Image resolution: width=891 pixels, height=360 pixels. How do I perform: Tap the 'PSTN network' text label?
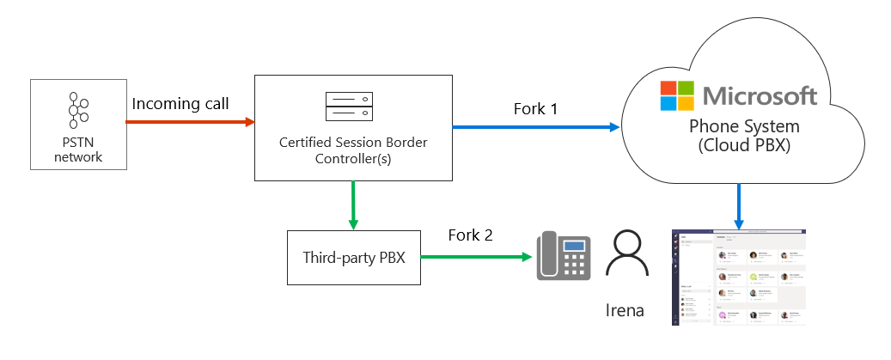(78, 149)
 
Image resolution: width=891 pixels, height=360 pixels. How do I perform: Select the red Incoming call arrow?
(189, 122)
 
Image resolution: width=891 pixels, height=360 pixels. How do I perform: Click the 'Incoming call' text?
(180, 104)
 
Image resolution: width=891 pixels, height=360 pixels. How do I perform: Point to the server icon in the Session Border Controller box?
(353, 107)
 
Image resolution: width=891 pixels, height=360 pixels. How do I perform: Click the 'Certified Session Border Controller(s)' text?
(353, 150)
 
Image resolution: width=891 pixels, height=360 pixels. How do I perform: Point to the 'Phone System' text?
(744, 126)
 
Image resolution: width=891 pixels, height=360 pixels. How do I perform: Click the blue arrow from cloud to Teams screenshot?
(741, 207)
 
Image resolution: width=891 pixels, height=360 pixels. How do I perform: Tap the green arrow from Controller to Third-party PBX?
(353, 204)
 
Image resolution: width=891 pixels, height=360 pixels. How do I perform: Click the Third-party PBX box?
(353, 257)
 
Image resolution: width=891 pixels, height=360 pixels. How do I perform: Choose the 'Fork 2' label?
(470, 235)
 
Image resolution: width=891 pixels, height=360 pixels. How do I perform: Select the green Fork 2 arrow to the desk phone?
(473, 257)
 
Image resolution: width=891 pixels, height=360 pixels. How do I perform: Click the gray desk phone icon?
(564, 255)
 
